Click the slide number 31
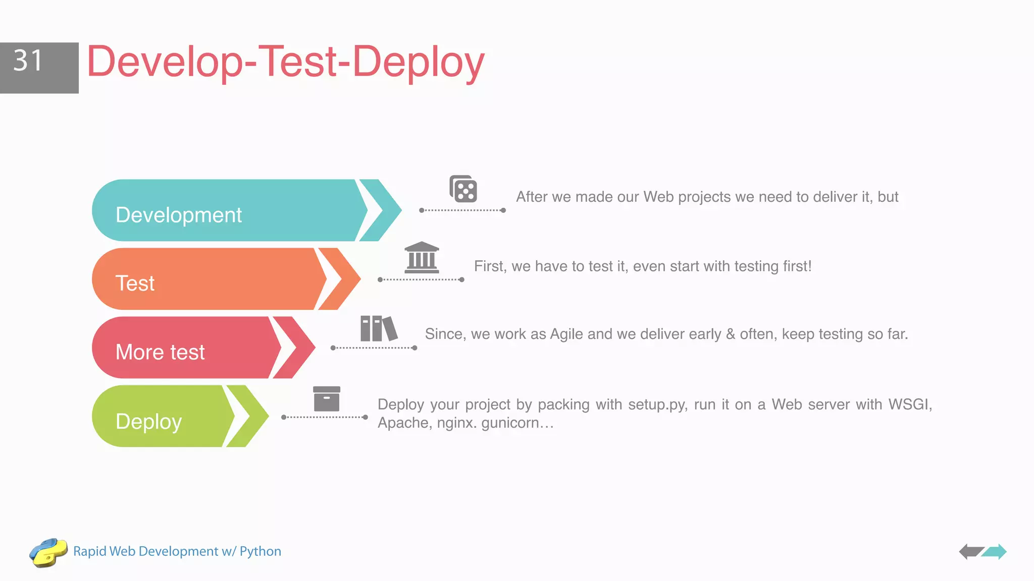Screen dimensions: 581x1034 pyautogui.click(x=28, y=61)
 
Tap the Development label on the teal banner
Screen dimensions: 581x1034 pyautogui.click(x=179, y=215)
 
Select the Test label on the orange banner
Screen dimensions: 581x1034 pyautogui.click(x=135, y=283)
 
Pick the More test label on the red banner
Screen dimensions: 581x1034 pyautogui.click(x=160, y=352)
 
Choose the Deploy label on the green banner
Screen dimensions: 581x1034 pyautogui.click(x=148, y=422)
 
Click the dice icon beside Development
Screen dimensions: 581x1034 pyautogui.click(x=463, y=189)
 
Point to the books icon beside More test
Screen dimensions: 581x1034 pyautogui.click(x=379, y=328)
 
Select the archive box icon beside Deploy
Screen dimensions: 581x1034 pyautogui.click(x=327, y=399)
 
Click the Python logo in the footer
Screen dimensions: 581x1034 pyautogui.click(x=48, y=552)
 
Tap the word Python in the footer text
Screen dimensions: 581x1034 pyautogui.click(x=260, y=551)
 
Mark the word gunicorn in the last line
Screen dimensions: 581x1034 pyautogui.click(x=510, y=423)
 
